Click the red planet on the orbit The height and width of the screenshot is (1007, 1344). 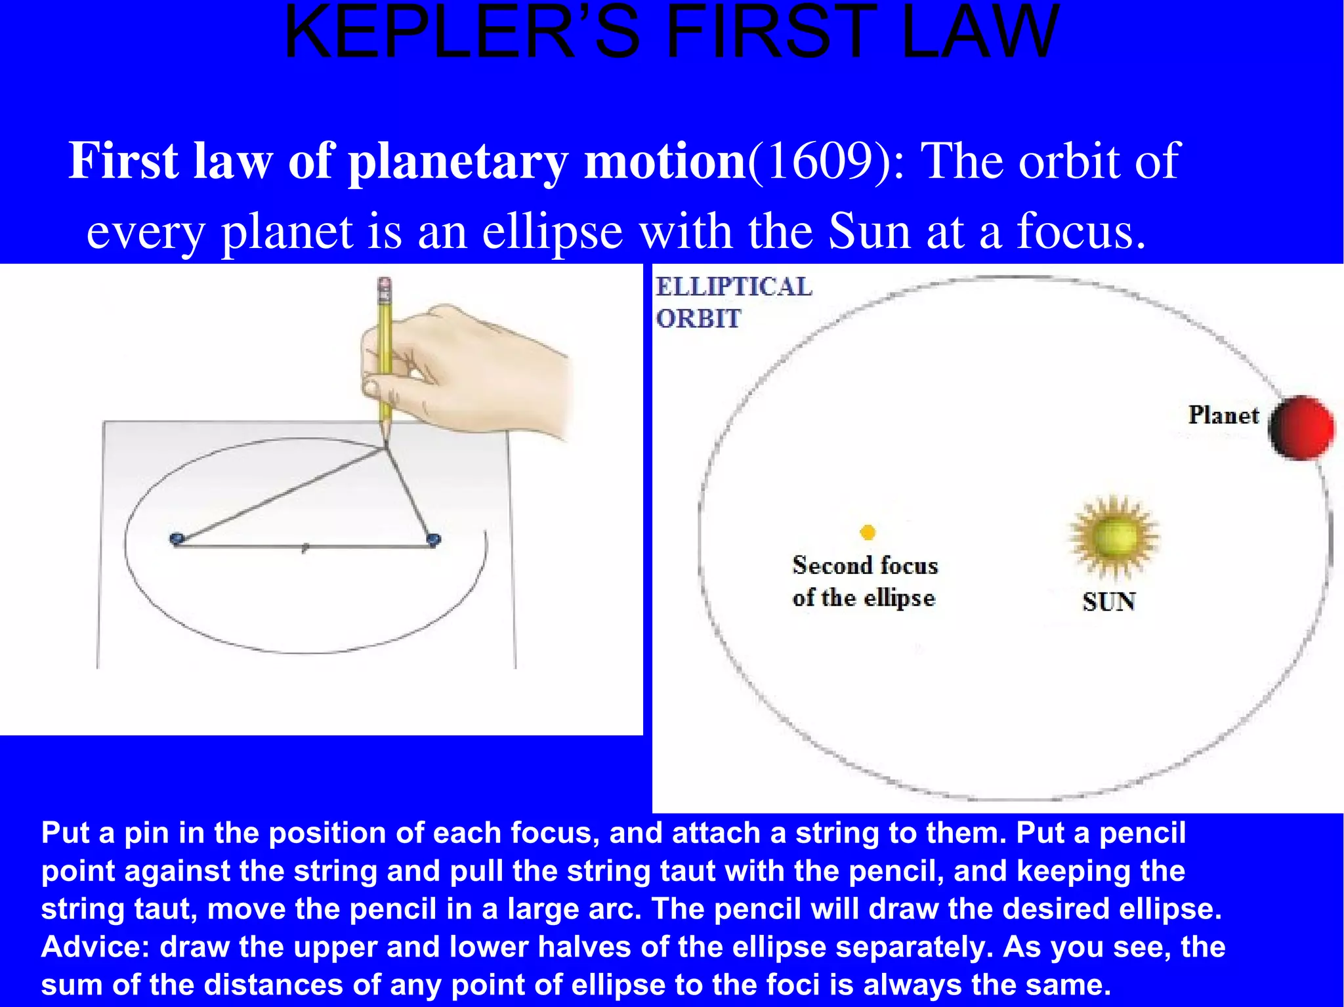pos(1302,427)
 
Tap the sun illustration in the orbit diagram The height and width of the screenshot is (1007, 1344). pos(1113,537)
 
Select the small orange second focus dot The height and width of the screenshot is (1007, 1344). pos(868,532)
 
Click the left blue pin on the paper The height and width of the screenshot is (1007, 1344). pos(177,539)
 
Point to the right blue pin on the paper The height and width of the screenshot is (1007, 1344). pos(433,540)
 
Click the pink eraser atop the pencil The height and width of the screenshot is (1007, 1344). pos(385,284)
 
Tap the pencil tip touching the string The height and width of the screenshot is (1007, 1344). pos(385,446)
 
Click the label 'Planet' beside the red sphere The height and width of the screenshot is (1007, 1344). pos(1223,415)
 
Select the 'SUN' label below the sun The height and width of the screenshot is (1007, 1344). pos(1108,602)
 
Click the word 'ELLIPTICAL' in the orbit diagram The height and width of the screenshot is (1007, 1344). pos(734,287)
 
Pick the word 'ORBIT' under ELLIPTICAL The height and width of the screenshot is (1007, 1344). pos(698,319)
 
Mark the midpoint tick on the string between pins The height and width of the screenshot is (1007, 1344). pos(304,548)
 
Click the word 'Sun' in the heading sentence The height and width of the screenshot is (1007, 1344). pos(870,231)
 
